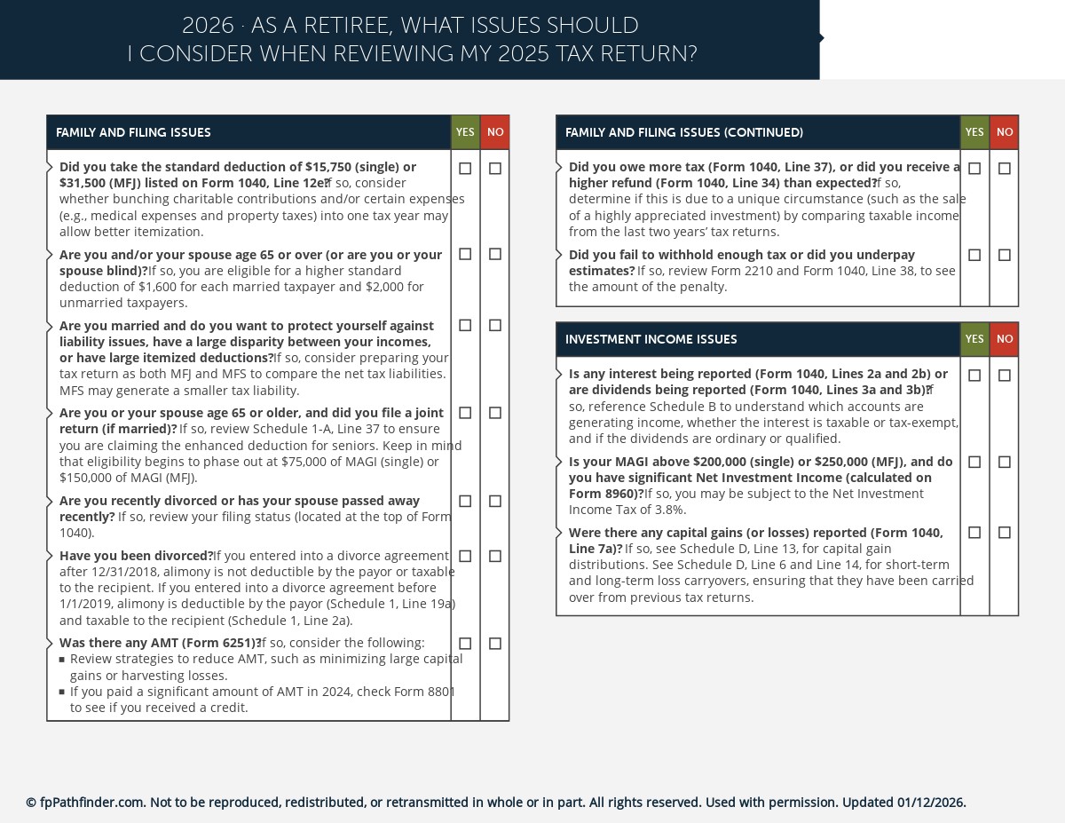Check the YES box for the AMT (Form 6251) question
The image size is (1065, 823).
coord(465,644)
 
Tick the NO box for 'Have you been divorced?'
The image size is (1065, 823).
coord(495,557)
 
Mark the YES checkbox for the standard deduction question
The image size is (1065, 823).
coord(465,169)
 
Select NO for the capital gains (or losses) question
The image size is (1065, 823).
coord(1005,533)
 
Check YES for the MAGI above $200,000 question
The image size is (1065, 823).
coord(974,463)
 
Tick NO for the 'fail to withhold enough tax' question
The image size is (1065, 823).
coord(1005,256)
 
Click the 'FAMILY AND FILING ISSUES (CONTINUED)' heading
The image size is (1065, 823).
coord(683,133)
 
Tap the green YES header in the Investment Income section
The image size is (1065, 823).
coord(974,340)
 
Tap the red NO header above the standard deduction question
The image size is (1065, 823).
coord(495,133)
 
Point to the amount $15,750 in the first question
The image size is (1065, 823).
coord(329,167)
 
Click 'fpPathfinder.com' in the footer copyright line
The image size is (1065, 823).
coord(92,803)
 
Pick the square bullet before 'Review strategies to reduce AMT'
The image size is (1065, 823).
coord(62,660)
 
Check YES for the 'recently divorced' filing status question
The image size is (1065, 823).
coord(465,502)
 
